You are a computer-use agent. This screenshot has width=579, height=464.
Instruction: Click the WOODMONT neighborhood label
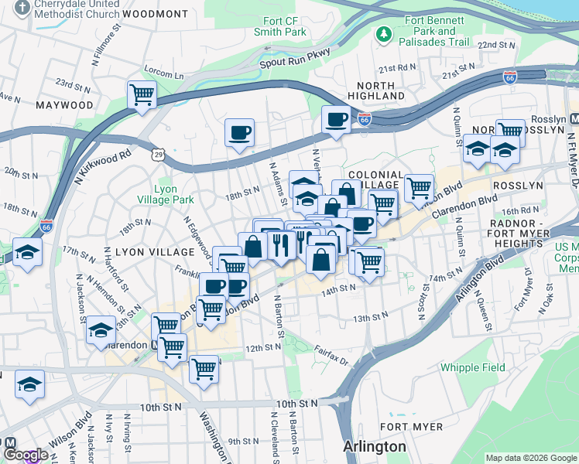click(x=155, y=14)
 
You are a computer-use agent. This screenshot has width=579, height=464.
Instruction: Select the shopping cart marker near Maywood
click(x=142, y=95)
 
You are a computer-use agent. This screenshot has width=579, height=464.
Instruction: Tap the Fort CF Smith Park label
click(x=280, y=26)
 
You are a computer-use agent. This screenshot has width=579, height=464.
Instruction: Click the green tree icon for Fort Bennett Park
click(x=382, y=34)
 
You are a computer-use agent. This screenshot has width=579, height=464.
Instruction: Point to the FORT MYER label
click(x=412, y=427)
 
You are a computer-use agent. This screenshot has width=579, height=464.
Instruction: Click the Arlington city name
click(x=375, y=446)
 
